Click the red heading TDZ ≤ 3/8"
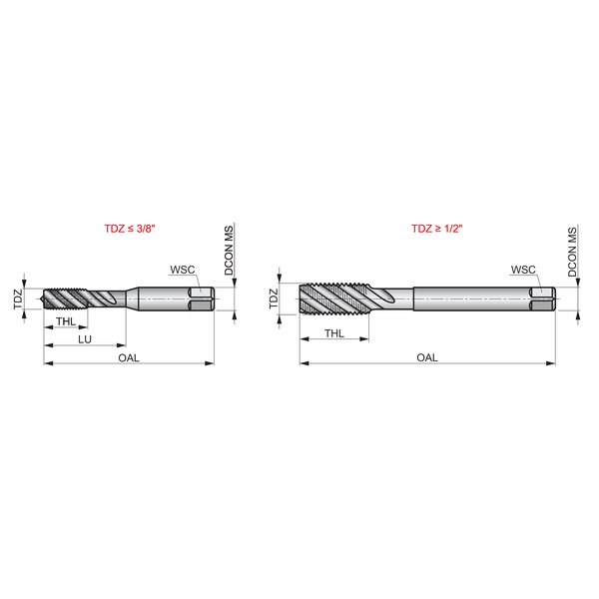[130, 229]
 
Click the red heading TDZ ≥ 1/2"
[437, 229]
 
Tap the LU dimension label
[85, 339]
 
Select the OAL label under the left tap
[129, 358]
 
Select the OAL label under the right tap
[427, 357]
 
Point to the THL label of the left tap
[66, 321]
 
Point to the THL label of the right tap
[334, 333]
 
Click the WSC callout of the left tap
[183, 270]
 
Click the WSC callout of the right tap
[523, 270]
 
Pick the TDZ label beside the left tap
[18, 299]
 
